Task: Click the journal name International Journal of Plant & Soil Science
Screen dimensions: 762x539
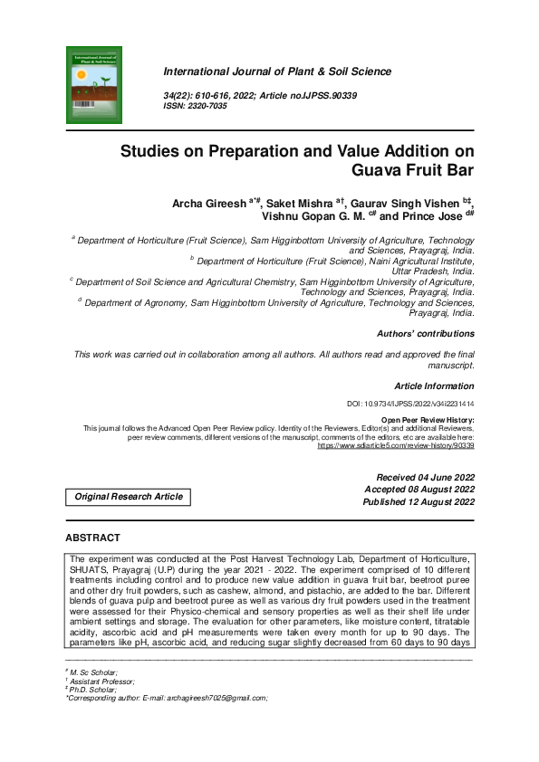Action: click(x=277, y=71)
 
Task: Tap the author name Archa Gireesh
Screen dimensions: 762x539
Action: click(x=209, y=204)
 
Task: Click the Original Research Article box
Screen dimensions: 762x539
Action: click(x=129, y=496)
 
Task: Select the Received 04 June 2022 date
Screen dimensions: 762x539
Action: click(x=425, y=477)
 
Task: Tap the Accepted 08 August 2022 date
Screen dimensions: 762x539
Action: click(x=419, y=490)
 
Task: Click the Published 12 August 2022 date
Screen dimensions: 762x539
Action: click(x=419, y=502)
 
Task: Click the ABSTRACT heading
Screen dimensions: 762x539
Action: click(x=93, y=538)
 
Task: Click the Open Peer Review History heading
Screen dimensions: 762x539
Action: click(x=427, y=421)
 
